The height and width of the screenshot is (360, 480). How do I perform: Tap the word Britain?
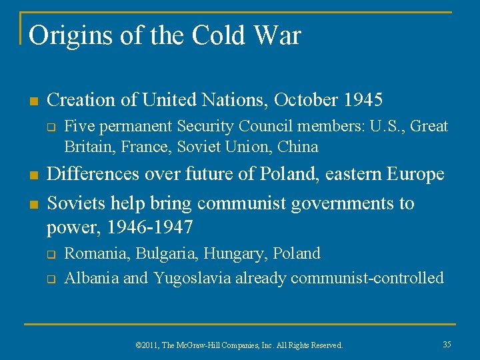pos(88,146)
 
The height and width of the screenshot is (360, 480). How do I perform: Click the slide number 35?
pos(447,344)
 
